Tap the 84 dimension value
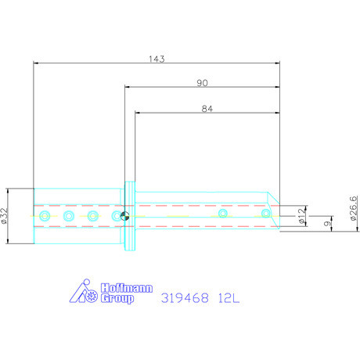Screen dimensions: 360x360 tap(207, 110)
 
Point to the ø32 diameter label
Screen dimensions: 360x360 tap(6, 215)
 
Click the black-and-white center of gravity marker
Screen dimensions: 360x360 tap(124, 215)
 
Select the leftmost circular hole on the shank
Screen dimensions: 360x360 tap(45, 215)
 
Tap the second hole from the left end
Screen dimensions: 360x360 tap(69, 215)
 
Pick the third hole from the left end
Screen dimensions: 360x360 tap(93, 215)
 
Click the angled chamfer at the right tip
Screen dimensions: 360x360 tap(274, 201)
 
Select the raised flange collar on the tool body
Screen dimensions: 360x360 tap(130, 216)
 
